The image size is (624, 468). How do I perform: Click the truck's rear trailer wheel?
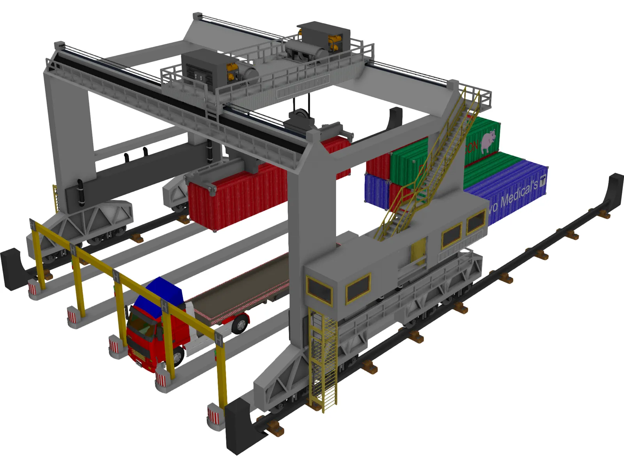pos(241,324)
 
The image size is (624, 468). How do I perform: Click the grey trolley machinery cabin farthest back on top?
pos(324,35)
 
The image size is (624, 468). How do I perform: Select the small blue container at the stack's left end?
pos(376,191)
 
